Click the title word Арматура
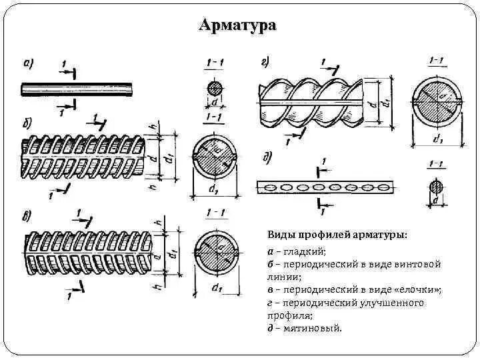point(237,25)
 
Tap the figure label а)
point(29,64)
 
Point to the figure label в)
point(27,215)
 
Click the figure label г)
point(265,63)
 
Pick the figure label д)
point(268,157)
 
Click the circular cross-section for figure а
point(215,89)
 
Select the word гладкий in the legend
point(304,251)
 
